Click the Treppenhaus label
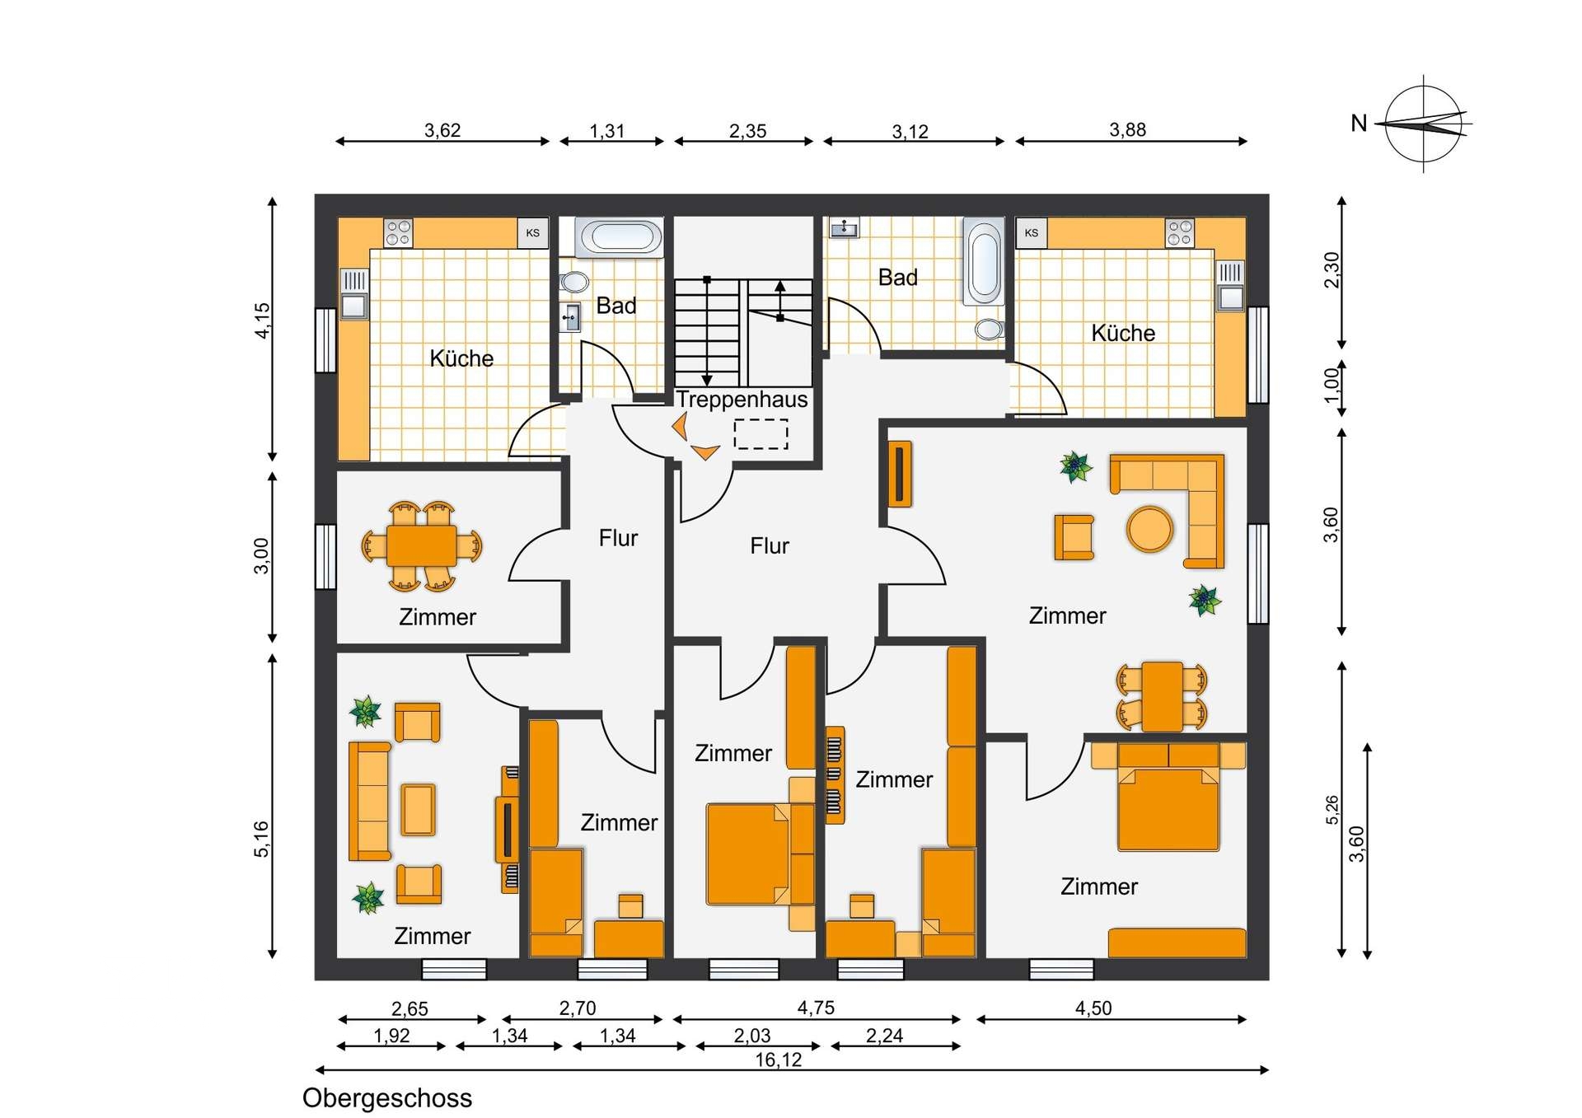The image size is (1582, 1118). point(742,400)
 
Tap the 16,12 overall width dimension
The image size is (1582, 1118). point(779,1060)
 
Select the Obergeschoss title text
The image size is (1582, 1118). point(387,1098)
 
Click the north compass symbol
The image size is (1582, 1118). point(1425,124)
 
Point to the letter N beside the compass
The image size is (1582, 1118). point(1359,124)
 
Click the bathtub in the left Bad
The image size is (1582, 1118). point(618,237)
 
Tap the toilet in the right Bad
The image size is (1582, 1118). point(989,330)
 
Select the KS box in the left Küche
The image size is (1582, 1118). point(532,233)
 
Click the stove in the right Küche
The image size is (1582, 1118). point(1179,233)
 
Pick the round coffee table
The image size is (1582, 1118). point(1149,528)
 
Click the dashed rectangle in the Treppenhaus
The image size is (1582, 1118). point(761,434)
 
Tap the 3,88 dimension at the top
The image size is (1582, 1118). point(1127,129)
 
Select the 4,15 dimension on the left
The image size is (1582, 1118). point(262,320)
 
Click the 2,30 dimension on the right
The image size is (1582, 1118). point(1332,269)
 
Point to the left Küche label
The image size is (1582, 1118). point(461,358)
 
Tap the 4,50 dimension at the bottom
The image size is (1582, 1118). point(1093,1008)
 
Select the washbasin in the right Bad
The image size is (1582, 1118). point(844,228)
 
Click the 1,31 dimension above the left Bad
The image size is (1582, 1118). point(607,130)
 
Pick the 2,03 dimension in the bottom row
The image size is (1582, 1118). point(752,1035)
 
